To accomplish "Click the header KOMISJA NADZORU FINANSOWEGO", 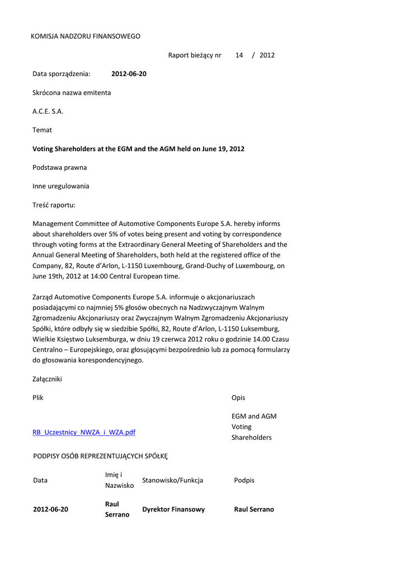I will click(85, 36).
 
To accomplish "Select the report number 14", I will click(239, 55).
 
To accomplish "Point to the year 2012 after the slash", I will click(267, 55).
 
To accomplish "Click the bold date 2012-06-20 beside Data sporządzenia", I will click(129, 74).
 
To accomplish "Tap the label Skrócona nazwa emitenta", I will click(72, 92).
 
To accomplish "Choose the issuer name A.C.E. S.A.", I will click(48, 111).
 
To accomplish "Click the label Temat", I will click(43, 130).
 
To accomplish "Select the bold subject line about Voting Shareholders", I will click(138, 149).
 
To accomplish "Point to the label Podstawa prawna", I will click(60, 167).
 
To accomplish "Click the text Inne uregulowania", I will click(61, 186).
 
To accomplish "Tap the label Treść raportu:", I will click(54, 205).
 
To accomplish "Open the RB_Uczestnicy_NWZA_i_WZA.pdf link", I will click(84, 433).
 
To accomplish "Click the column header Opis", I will click(238, 398).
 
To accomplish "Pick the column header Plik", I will click(38, 398).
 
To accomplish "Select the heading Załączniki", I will click(48, 379).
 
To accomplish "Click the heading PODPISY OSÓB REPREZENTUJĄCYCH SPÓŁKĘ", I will click(101, 457).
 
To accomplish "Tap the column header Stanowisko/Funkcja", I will click(173, 480).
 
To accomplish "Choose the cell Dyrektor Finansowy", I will click(173, 510).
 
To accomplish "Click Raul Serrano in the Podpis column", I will click(254, 510).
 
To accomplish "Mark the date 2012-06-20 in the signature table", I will click(51, 510).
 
